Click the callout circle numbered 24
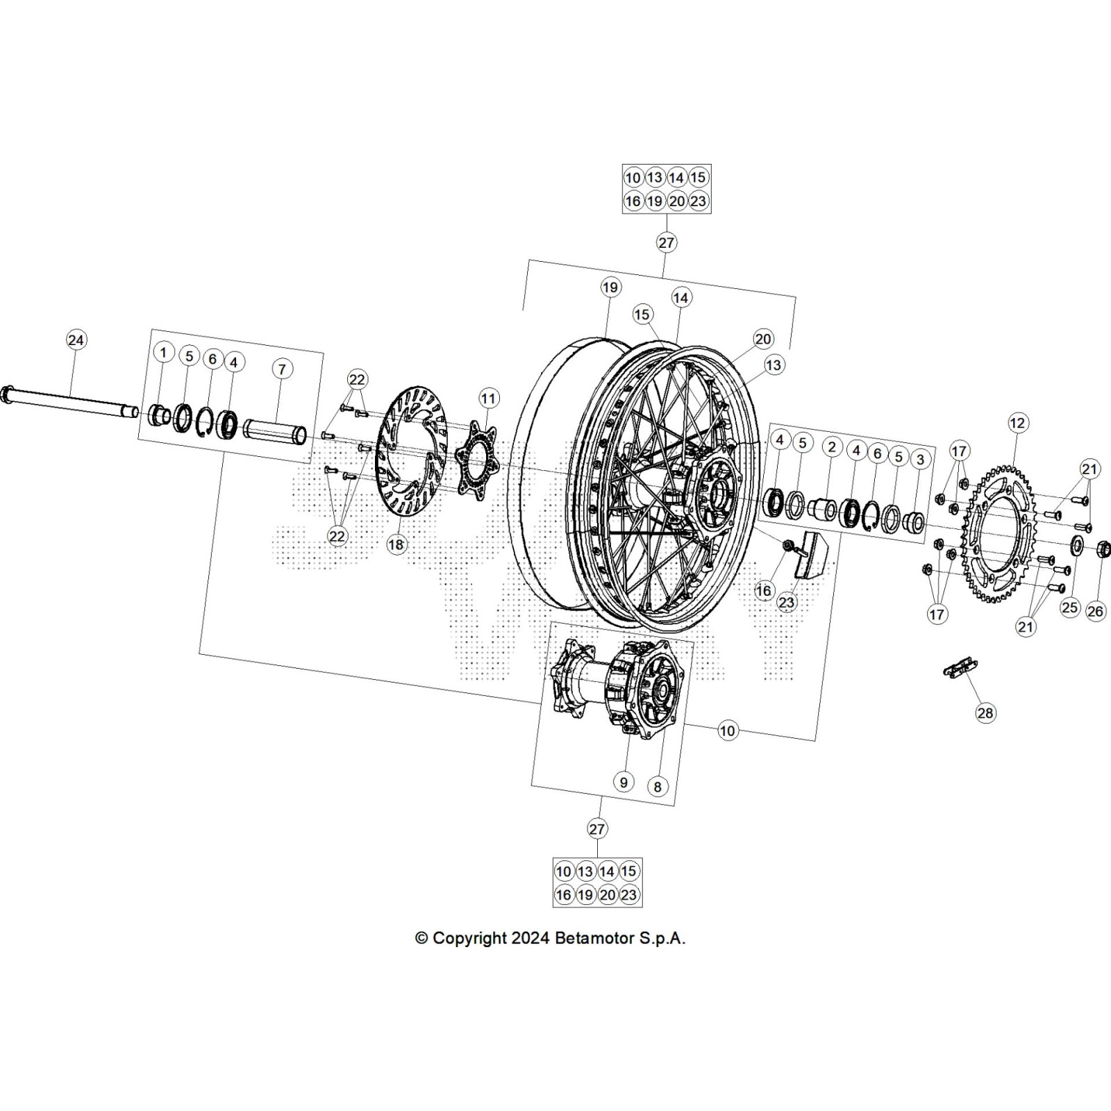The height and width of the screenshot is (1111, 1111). [x=76, y=340]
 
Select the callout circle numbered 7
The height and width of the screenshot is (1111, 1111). [x=282, y=369]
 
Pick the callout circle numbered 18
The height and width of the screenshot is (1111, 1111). [x=396, y=544]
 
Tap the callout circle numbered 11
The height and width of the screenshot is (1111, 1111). [x=489, y=399]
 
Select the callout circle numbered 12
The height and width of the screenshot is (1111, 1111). [x=1017, y=422]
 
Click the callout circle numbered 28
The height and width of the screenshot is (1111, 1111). [x=985, y=712]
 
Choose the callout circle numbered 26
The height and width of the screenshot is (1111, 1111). [x=1095, y=611]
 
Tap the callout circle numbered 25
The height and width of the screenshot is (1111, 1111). [x=1069, y=608]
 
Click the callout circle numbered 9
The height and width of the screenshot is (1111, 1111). [x=624, y=782]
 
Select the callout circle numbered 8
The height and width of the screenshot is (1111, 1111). [x=657, y=786]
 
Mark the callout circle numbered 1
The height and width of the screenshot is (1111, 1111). [x=163, y=352]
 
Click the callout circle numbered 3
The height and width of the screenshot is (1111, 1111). [x=920, y=459]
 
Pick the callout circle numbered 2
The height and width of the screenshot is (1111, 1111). [x=832, y=446]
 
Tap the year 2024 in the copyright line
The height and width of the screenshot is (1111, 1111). [x=531, y=938]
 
